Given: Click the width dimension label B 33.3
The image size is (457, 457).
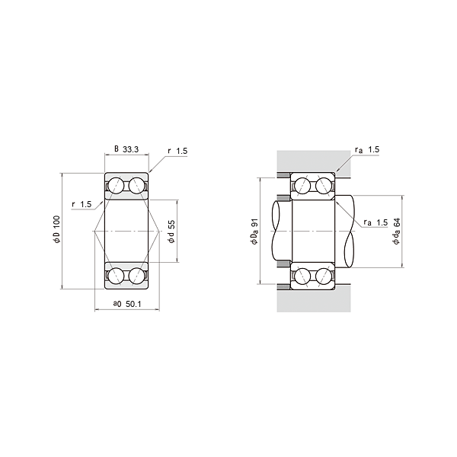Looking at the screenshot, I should coord(126,149).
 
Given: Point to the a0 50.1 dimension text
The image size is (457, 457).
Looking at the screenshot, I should coord(128,304).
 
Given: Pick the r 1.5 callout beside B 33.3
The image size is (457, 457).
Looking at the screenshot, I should coord(177,152).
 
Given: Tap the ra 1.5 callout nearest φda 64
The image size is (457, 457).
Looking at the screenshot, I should coord(376,222).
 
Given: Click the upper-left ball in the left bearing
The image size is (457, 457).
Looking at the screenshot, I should coord(117,185).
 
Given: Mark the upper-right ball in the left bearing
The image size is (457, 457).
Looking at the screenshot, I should coord(137,185).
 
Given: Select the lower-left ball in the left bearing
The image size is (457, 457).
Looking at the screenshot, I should coord(117,275).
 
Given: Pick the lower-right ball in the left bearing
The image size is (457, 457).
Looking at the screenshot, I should coord(137,275).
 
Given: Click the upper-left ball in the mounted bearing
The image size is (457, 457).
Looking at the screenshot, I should coord(302,186).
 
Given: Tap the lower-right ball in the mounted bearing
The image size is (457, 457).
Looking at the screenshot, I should coord(322,275).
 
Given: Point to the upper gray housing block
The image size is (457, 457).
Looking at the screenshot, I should coord(312,161).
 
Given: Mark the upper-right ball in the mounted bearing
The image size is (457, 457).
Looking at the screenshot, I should coord(322,186).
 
